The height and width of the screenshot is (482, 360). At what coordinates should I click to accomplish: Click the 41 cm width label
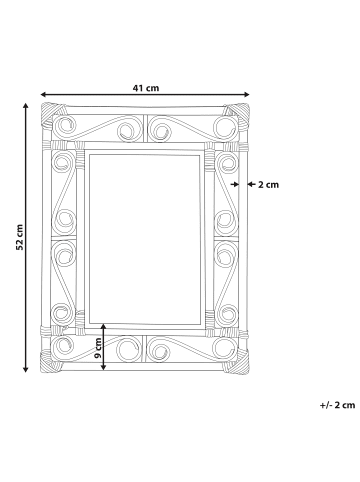pyautogui.click(x=146, y=88)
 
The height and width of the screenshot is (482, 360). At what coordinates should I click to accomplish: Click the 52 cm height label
pyautogui.click(x=20, y=237)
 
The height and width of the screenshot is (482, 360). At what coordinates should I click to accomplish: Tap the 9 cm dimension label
pyautogui.click(x=98, y=348)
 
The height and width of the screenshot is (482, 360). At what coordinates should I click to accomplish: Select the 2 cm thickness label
pyautogui.click(x=268, y=184)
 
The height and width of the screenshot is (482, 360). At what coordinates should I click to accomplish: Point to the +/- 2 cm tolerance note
pyautogui.click(x=337, y=405)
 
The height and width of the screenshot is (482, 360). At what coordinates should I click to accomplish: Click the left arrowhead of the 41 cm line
pyautogui.click(x=43, y=94)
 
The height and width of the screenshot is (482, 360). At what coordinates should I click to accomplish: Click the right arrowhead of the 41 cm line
pyautogui.click(x=247, y=94)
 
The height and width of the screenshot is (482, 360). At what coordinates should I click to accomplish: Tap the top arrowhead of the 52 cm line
pyautogui.click(x=25, y=106)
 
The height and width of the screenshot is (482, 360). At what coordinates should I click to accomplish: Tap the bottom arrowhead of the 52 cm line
pyautogui.click(x=25, y=369)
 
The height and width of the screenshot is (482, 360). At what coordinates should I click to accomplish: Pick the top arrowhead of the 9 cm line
pyautogui.click(x=104, y=326)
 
